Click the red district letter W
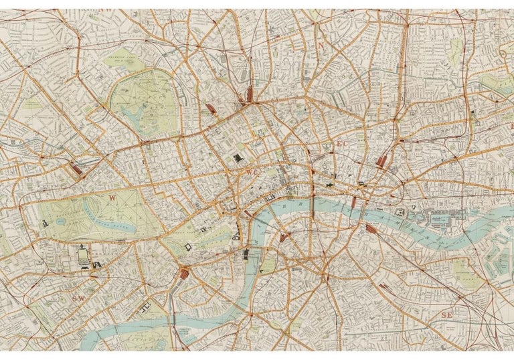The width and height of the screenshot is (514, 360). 112,197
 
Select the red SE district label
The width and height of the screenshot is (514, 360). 446,314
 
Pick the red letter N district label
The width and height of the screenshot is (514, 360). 321,46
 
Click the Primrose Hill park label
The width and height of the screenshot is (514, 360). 120,58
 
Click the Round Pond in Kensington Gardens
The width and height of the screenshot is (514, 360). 61,220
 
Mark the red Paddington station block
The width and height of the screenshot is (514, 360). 77,169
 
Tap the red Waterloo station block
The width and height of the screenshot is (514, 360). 284,237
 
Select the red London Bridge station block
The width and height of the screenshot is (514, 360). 371,229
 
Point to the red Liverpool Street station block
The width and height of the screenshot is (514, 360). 382,161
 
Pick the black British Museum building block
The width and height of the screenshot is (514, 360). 238,158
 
